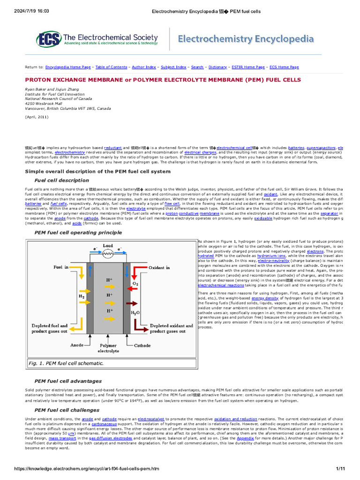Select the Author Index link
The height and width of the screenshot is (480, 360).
click(144, 67)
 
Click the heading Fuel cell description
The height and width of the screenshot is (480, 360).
click(61, 180)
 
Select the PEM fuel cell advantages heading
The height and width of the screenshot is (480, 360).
click(68, 381)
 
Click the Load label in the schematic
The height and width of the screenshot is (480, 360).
click(108, 245)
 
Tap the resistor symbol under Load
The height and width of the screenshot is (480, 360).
click(108, 254)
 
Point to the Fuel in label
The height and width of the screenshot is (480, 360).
click(60, 267)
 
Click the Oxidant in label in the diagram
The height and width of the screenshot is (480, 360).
click(159, 267)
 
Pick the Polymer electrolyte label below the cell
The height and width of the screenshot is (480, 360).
click(108, 348)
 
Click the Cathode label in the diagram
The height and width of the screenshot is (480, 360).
click(142, 345)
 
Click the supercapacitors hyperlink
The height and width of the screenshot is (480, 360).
click(321, 147)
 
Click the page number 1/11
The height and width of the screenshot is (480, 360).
click(340, 469)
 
